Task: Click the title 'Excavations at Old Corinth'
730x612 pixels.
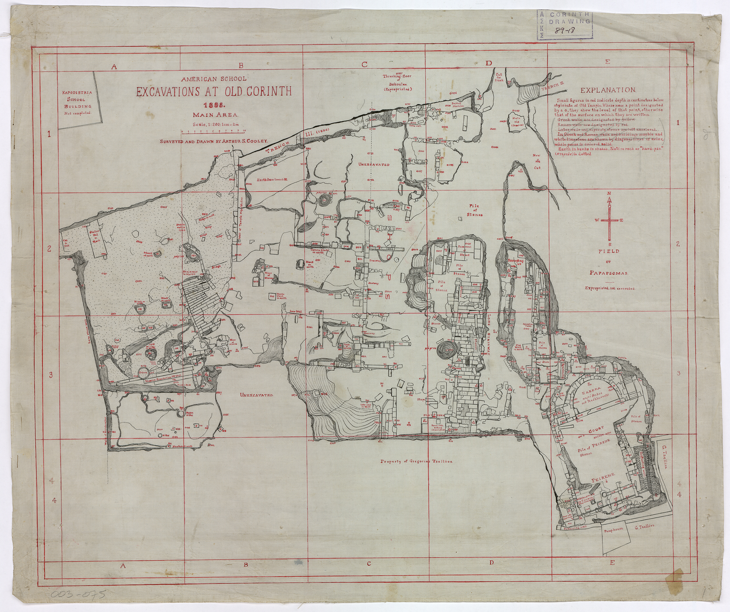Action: tap(214, 92)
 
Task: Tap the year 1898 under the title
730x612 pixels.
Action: tap(213, 106)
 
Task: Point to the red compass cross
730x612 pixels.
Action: tap(610, 221)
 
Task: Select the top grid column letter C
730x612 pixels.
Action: tap(364, 64)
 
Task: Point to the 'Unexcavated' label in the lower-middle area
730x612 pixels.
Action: tap(256, 395)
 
